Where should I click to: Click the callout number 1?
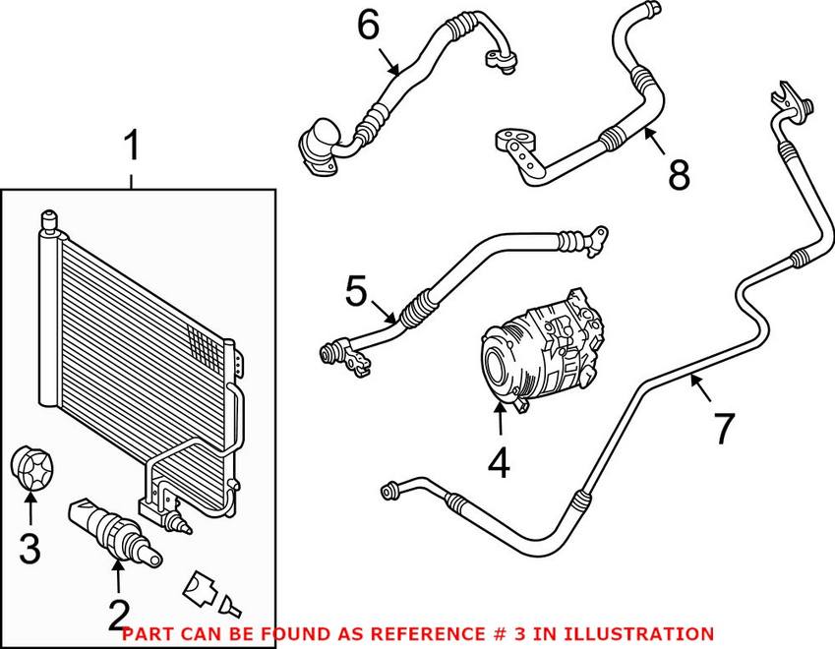point(132,149)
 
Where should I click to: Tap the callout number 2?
point(118,615)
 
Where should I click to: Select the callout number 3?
point(30,547)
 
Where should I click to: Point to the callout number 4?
point(500,462)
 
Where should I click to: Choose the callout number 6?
point(368,27)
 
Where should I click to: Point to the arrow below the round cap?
point(30,507)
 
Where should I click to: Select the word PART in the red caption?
point(143,633)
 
